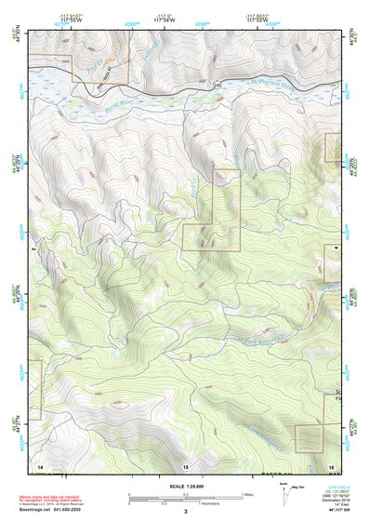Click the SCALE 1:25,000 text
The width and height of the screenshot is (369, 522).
[185, 487]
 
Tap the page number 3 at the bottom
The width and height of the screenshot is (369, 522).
[185, 512]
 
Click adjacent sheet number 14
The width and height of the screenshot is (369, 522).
[39, 464]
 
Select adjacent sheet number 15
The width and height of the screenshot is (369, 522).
[185, 465]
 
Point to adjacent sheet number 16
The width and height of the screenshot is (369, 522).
[330, 464]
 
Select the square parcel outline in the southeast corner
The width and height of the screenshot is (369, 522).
[309, 438]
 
